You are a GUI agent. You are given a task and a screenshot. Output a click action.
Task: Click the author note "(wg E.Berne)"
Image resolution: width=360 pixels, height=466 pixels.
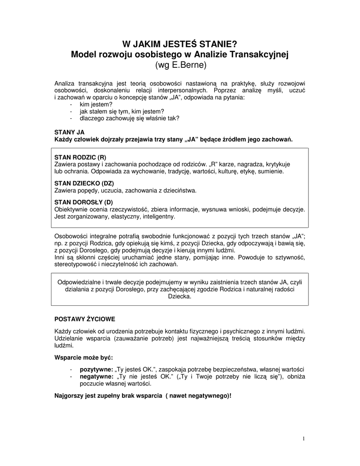pos(181,65)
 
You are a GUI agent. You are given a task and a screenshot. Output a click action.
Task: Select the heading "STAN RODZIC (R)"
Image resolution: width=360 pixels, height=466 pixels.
pos(80,157)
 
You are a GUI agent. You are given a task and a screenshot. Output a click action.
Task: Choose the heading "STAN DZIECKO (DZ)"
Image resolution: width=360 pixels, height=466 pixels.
pos(84,183)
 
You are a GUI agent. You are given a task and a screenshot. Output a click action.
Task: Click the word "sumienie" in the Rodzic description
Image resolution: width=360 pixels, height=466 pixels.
pos(271,172)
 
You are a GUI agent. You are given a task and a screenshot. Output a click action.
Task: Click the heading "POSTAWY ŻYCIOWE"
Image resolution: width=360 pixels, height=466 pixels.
pos(85,319)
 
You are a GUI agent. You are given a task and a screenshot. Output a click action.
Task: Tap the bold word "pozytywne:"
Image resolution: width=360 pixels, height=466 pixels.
pos(96,370)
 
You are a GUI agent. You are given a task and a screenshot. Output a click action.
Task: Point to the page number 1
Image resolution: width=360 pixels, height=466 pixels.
pos(303,438)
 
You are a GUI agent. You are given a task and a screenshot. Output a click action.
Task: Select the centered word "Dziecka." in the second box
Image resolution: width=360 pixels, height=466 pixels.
pos(180,296)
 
